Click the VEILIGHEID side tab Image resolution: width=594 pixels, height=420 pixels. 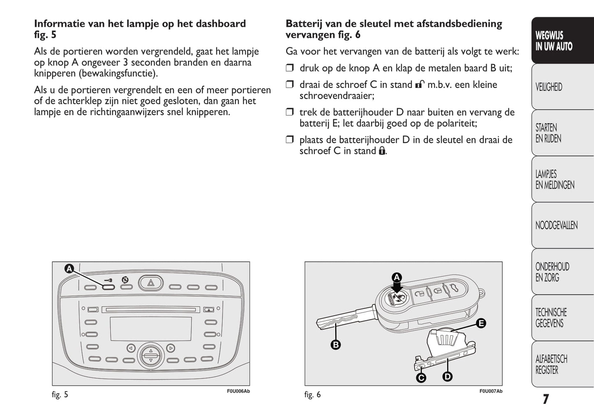pos(549,87)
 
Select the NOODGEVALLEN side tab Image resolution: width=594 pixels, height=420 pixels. pos(556,225)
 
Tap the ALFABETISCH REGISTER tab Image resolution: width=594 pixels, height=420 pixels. pos(551,364)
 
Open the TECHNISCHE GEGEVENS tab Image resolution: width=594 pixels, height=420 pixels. pos(551,318)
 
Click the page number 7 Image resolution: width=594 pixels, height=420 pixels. pos(545,399)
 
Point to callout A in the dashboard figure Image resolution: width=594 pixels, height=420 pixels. pos(69,269)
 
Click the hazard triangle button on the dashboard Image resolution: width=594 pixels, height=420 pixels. pos(151,283)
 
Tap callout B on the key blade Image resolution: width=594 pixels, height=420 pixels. pos(336,345)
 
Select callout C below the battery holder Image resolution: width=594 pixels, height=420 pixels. pos(421,377)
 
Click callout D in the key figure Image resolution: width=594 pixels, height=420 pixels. pos(447,376)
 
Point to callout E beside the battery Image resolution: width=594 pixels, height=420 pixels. pos(481,323)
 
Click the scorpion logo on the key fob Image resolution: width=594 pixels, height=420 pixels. pos(397,296)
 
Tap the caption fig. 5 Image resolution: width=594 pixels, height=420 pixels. pos(60,395)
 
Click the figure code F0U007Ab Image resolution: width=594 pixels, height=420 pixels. pos(490,391)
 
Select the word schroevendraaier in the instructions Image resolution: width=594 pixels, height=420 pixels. pos(337,96)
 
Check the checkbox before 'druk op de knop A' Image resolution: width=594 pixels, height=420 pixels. pos(290,68)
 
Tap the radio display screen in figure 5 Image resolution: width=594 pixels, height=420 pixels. pos(150,328)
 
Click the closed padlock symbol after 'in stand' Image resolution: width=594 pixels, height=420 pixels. pos(382,151)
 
